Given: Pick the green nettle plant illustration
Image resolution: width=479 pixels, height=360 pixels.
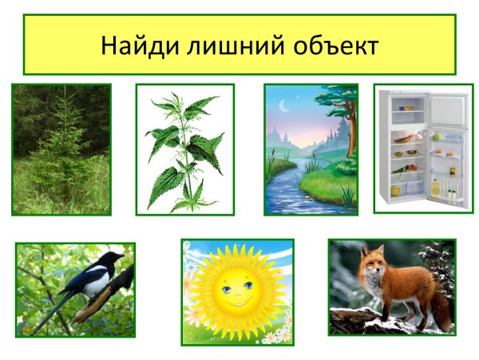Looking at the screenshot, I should pos(185,149).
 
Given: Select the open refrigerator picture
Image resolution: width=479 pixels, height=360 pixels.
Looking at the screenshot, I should pos(422,148).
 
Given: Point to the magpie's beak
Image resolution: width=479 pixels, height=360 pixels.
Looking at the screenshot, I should pos(122,256).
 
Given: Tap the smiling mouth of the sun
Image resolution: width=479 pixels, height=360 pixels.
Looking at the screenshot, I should pos(236,303).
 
